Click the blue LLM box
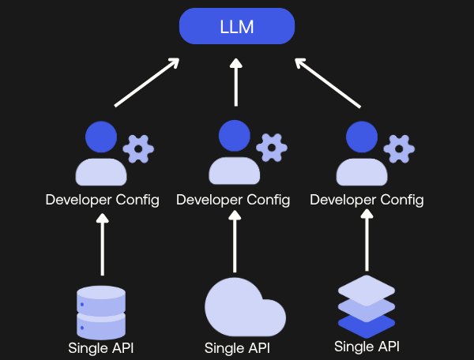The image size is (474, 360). click(x=237, y=26)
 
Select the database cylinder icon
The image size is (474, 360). click(x=101, y=313)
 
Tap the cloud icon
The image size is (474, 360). click(x=245, y=307)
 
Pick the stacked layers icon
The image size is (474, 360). click(x=367, y=306)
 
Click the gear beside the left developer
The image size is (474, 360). click(x=138, y=149)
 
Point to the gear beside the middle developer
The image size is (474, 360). click(x=272, y=148)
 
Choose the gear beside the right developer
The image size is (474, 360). click(x=399, y=149)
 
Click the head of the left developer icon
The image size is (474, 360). click(x=101, y=137)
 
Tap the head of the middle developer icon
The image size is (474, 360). click(x=235, y=136)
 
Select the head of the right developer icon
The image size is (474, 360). click(x=362, y=137)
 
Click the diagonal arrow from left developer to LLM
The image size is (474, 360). click(x=147, y=82)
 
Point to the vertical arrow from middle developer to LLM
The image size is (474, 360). click(x=236, y=82)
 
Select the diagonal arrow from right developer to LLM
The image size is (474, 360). click(x=328, y=83)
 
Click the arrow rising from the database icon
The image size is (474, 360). click(x=103, y=244)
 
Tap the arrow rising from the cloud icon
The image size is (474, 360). click(x=235, y=242)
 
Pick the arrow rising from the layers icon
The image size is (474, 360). click(x=367, y=240)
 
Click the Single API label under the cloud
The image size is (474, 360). click(x=237, y=348)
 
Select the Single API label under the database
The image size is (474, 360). click(x=101, y=348)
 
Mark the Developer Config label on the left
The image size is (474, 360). click(x=103, y=200)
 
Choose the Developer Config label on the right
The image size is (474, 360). click(x=367, y=200)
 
